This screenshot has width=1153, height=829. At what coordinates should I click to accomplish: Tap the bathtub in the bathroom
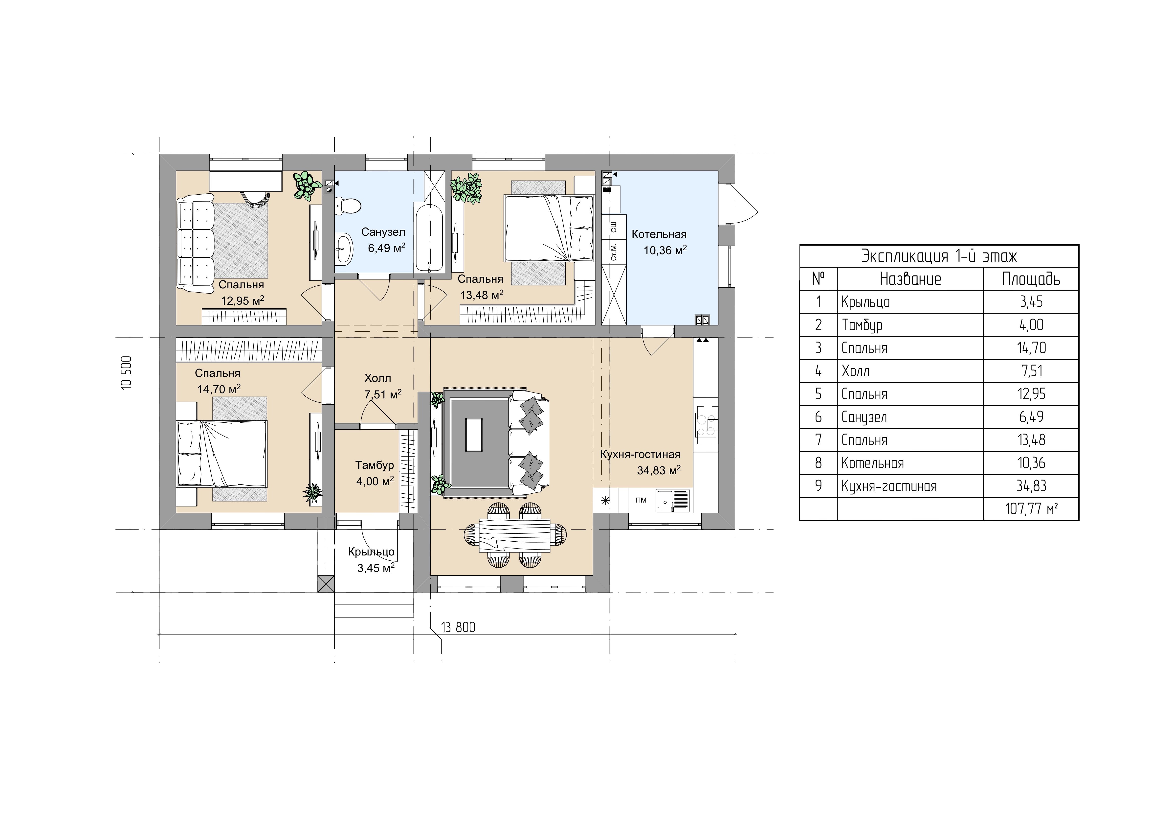[430, 237]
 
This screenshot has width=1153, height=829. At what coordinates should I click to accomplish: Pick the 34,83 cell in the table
[1031, 486]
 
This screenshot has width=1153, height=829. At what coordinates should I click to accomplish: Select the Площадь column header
[1031, 279]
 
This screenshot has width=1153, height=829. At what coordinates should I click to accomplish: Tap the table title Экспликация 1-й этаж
[939, 256]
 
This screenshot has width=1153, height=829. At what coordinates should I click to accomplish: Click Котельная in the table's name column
[872, 463]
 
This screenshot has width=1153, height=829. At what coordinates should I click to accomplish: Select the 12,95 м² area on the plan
[243, 300]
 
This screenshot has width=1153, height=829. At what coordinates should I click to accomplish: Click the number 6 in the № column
[818, 417]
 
